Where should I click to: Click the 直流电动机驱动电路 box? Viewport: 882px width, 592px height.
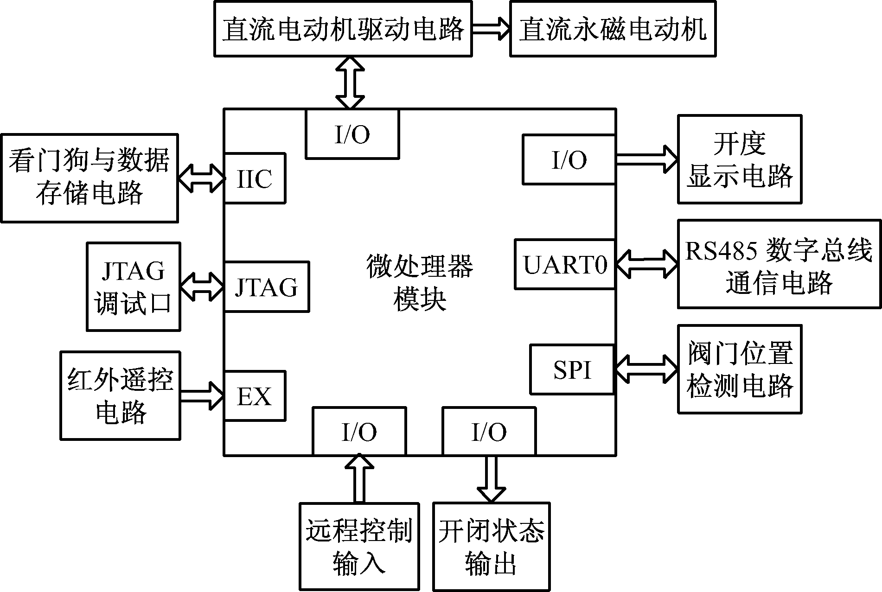point(343,29)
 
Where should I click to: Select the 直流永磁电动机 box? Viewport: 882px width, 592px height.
point(613,29)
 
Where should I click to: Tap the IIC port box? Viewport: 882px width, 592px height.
point(255,178)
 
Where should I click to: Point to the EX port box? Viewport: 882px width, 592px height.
point(255,396)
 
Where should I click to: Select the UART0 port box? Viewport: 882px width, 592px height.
point(565,264)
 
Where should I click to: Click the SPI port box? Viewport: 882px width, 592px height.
point(572,369)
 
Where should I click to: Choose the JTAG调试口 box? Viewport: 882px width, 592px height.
point(134,286)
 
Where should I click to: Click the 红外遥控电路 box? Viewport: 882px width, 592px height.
point(120,395)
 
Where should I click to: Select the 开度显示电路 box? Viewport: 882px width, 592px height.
point(740,159)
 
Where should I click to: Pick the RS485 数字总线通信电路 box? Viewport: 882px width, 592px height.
point(779,264)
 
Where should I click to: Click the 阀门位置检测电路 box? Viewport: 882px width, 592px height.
point(740,369)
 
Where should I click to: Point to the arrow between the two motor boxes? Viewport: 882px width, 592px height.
point(491,29)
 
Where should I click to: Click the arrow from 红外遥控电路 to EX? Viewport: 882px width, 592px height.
point(202,395)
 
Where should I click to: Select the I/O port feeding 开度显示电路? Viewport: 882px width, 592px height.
point(569,160)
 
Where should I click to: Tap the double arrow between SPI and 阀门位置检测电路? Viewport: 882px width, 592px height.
point(646,369)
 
